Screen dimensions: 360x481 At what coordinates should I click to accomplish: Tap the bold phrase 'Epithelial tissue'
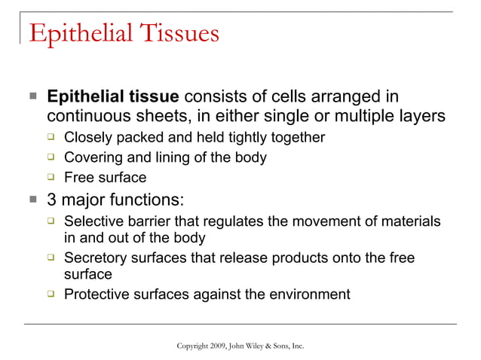[113, 97]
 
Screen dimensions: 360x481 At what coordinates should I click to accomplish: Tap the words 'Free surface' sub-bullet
[105, 178]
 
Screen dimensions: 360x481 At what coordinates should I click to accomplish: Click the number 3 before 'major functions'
[52, 200]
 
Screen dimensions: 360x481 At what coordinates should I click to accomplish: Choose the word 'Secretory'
[97, 258]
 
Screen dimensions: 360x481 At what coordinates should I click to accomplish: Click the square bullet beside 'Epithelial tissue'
[32, 98]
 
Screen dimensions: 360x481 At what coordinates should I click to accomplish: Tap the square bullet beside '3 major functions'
[32, 200]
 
